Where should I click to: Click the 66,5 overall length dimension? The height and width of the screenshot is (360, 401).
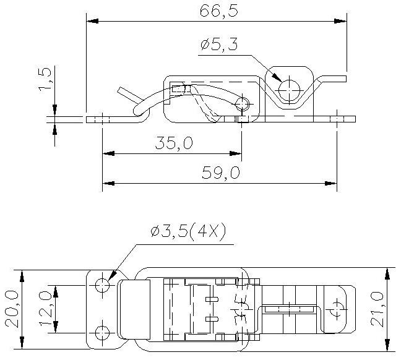pyautogui.click(x=219, y=11)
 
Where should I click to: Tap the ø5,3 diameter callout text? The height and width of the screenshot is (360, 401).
pyautogui.click(x=219, y=45)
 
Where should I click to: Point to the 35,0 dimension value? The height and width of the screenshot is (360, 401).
pyautogui.click(x=174, y=143)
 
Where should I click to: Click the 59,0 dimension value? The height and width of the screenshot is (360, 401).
pyautogui.click(x=221, y=173)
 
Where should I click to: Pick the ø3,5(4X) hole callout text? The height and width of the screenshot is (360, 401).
pyautogui.click(x=189, y=230)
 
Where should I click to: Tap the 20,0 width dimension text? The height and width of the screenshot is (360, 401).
pyautogui.click(x=12, y=309)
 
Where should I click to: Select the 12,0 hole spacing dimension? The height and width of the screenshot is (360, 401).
pyautogui.click(x=46, y=309)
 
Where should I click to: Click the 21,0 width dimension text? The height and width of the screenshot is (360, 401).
pyautogui.click(x=377, y=309)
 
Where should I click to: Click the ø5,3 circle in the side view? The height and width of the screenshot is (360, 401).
pyautogui.click(x=289, y=90)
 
